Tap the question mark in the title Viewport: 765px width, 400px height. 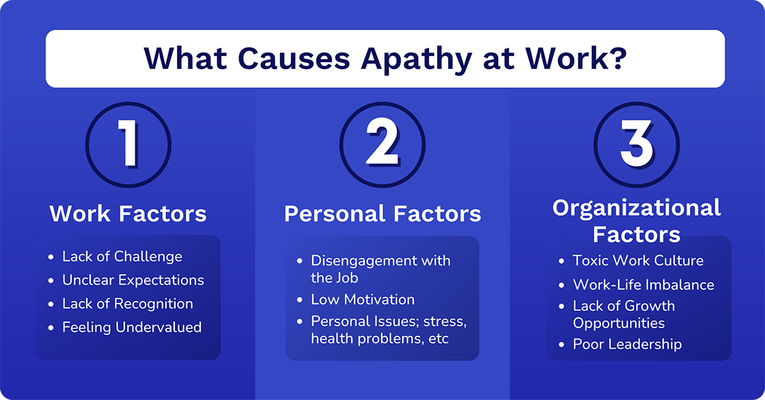[x=617, y=58]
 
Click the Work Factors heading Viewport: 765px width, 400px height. [x=128, y=214]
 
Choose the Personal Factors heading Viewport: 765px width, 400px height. [x=382, y=214]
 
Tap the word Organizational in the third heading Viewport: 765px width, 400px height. [x=637, y=208]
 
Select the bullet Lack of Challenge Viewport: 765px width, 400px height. [x=122, y=256]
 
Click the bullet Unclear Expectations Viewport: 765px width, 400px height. [x=133, y=280]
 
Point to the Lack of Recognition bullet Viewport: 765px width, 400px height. [x=128, y=304]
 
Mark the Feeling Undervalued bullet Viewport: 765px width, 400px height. [x=132, y=328]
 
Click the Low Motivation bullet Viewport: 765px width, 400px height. [x=363, y=299]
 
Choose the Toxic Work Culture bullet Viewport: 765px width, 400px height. [x=638, y=261]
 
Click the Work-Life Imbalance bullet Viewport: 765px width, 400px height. [x=643, y=284]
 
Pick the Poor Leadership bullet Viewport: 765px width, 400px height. [x=627, y=344]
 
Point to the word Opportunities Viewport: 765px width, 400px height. [x=619, y=323]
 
